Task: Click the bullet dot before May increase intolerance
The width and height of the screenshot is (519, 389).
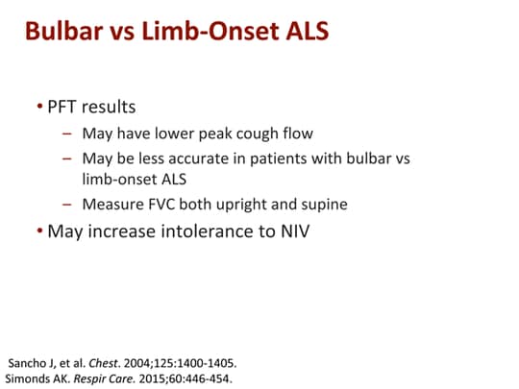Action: (39, 231)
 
